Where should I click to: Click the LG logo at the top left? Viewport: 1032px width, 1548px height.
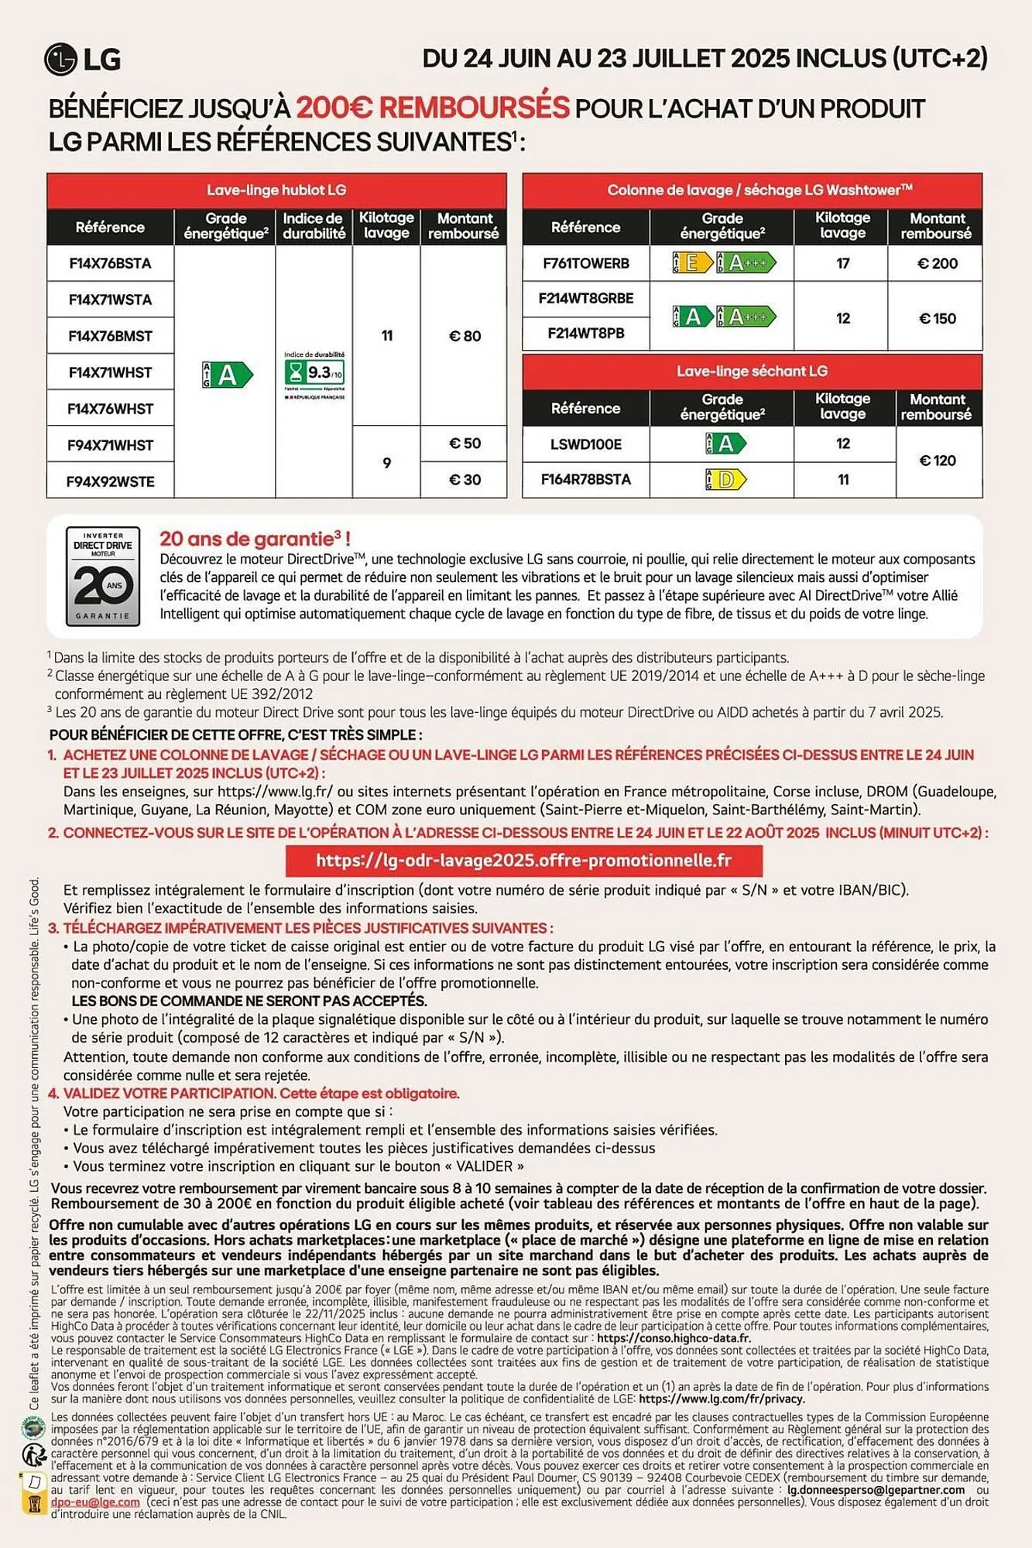coord(82,60)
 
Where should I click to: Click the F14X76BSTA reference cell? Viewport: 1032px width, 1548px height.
coord(110,263)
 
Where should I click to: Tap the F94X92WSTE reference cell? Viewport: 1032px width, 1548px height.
coord(110,481)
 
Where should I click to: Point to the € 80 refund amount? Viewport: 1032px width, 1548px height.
coord(465,336)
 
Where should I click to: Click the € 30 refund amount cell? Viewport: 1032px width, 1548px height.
coord(465,480)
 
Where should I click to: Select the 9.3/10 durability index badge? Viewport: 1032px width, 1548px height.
coord(314,373)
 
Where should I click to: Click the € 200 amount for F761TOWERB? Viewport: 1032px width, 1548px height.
coord(937,263)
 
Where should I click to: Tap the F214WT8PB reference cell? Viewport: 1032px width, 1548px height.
coord(585,334)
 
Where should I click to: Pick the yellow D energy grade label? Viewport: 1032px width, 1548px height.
coord(725,480)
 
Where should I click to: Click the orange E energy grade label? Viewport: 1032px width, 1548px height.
coord(692,263)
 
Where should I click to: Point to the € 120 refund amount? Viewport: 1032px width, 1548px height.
coord(938,461)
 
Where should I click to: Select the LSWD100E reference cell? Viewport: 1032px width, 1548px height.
coord(585,444)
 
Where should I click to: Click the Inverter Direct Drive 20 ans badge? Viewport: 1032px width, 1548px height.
coord(103,576)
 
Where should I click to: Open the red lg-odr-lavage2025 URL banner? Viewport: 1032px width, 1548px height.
coord(523,861)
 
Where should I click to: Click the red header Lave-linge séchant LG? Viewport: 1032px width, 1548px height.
coord(752,372)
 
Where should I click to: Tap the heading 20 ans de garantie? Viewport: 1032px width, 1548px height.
coord(254,539)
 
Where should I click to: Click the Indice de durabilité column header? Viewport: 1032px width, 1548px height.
coord(314,226)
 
